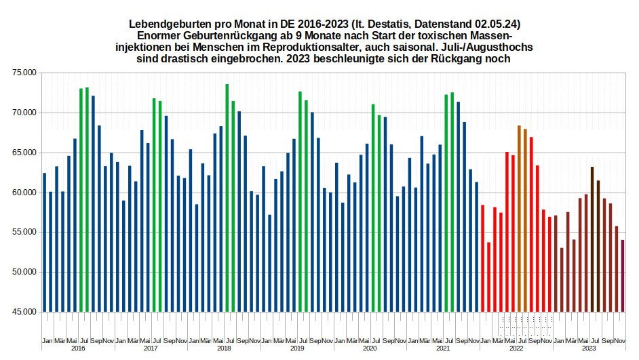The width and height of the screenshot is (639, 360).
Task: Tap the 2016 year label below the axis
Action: point(78,348)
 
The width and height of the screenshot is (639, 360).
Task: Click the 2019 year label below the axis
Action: point(297,348)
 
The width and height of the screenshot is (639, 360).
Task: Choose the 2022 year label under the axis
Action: point(516,348)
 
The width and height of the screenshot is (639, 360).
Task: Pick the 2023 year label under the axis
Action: point(589,348)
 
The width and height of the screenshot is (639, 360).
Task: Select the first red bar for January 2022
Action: point(482,258)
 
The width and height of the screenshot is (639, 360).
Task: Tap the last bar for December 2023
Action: point(623,276)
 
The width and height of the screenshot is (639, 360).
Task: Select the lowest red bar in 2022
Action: point(488,277)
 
